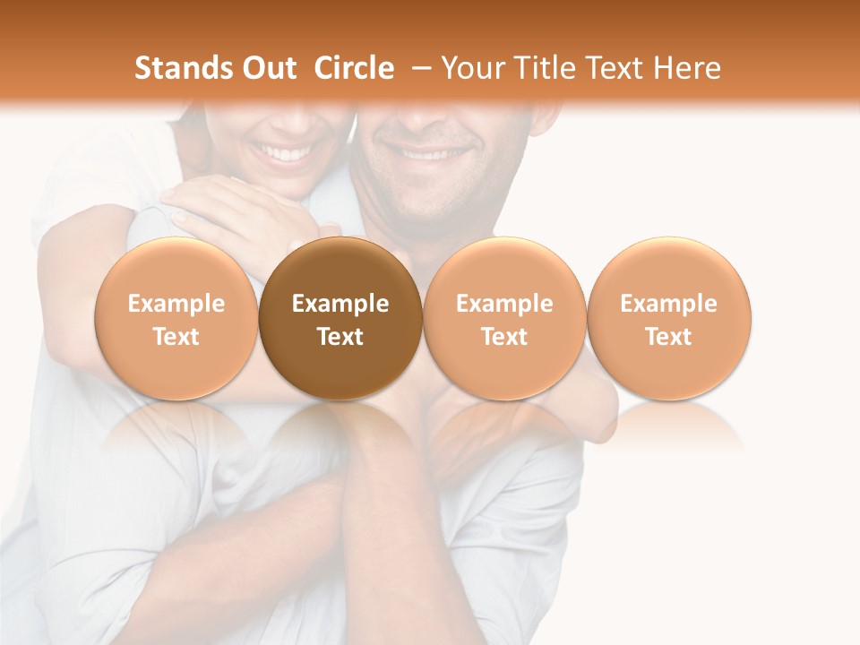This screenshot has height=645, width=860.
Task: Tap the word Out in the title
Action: tap(268, 68)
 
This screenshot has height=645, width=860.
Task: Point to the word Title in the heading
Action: tap(542, 68)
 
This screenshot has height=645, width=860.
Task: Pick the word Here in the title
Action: tap(689, 68)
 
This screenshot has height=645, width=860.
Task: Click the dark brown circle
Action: tap(340, 318)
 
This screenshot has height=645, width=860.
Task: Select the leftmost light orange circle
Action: tap(176, 318)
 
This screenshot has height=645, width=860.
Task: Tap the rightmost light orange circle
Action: tap(669, 318)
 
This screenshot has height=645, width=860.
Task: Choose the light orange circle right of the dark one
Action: tap(504, 318)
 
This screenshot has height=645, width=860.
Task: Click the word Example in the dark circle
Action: tap(340, 304)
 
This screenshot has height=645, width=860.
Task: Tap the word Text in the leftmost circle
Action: tap(176, 337)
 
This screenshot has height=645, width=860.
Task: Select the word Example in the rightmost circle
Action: tap(669, 304)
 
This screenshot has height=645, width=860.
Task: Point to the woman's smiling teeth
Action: tap(283, 153)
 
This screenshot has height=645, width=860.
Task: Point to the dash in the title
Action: tap(420, 68)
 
